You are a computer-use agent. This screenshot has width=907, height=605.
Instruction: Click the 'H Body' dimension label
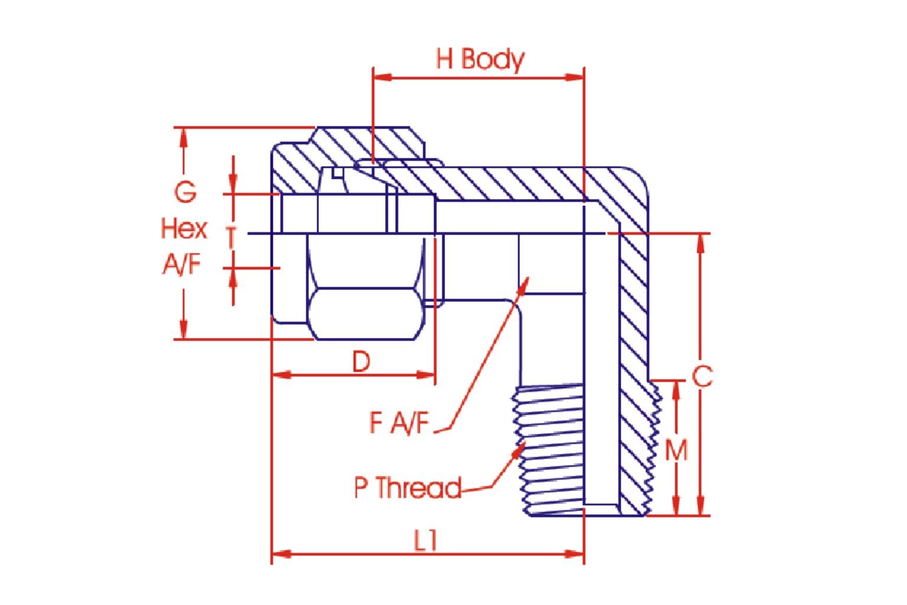479,59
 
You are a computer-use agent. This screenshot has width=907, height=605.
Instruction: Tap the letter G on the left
185,192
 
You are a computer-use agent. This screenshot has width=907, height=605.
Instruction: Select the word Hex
184,229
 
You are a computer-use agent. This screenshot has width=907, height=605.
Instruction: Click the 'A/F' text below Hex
182,265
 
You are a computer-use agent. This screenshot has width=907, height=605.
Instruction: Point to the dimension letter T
231,238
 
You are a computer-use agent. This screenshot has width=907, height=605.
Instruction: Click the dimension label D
361,361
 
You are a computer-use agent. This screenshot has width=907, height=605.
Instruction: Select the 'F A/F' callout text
399,422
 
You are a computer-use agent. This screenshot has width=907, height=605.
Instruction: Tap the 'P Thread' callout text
407,488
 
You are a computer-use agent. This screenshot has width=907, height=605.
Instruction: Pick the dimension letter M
676,450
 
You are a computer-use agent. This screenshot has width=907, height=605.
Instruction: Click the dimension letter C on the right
702,376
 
